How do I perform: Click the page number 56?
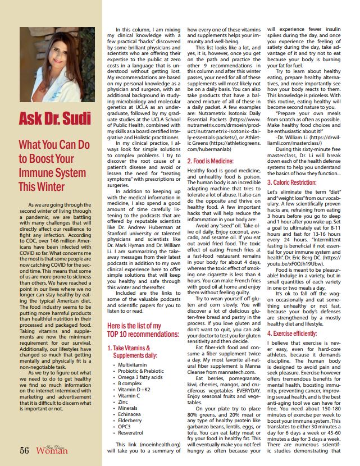pyautogui.click(x=25, y=450)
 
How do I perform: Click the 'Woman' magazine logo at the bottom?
pyautogui.click(x=52, y=450)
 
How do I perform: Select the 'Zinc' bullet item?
pyautogui.click(x=124, y=402)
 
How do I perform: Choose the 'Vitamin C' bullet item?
pyautogui.click(x=129, y=395)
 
